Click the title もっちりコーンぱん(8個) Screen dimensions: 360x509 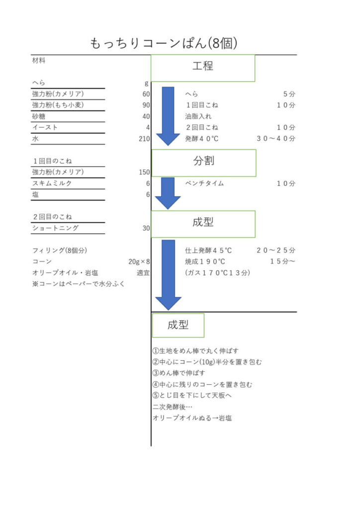click(x=163, y=43)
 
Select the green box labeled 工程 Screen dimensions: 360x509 click(x=203, y=68)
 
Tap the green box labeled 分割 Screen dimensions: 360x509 click(x=204, y=163)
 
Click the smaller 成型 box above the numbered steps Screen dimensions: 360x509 click(x=178, y=325)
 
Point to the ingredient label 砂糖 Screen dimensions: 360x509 click(x=39, y=116)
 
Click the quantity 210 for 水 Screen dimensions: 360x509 click(x=144, y=139)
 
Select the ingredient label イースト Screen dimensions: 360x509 click(x=45, y=127)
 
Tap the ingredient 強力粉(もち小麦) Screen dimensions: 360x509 click(x=58, y=105)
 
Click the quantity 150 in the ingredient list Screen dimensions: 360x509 click(x=144, y=172)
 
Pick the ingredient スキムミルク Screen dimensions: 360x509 click(x=52, y=183)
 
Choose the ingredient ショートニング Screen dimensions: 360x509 click(x=55, y=228)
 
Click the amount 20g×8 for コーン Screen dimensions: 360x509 click(x=139, y=261)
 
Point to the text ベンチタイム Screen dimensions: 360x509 click(x=204, y=183)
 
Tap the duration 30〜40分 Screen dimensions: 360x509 click(x=276, y=139)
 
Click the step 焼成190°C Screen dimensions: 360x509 click(x=205, y=261)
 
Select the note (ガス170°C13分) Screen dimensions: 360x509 click(x=217, y=273)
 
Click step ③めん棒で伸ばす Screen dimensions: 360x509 click(x=179, y=373)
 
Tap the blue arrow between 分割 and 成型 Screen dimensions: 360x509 click(x=168, y=193)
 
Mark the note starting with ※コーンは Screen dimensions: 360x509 click(x=78, y=284)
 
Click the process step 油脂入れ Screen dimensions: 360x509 click(x=198, y=116)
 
